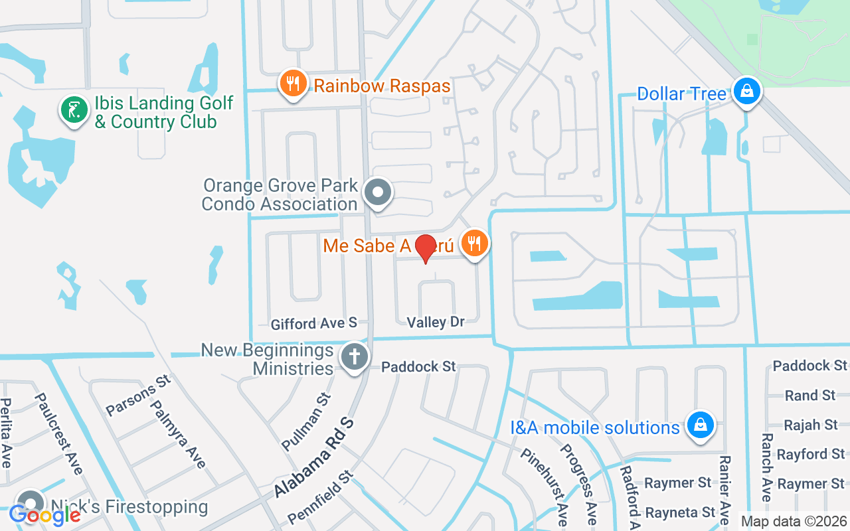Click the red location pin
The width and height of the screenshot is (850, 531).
point(425,248)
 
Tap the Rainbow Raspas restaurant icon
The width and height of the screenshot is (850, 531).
point(292,84)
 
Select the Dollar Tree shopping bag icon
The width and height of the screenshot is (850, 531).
point(747,91)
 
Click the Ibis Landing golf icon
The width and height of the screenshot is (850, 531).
point(74,110)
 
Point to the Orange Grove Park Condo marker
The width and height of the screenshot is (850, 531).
point(379,192)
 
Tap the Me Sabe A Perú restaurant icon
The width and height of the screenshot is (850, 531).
point(474,244)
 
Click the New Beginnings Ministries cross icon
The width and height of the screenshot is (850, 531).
point(355,357)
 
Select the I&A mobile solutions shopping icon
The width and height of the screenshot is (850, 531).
point(700,425)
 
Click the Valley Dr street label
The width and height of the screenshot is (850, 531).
point(436,322)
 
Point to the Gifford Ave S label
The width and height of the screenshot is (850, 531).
point(314,323)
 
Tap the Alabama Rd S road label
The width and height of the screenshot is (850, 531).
point(315,458)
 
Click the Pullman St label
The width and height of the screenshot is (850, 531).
point(306,421)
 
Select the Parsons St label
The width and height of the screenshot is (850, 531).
point(138,395)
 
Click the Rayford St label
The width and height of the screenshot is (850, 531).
point(811,454)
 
